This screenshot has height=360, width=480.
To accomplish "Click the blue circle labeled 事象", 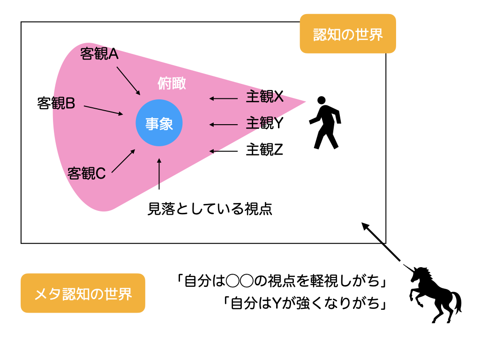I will pyautogui.click(x=158, y=124).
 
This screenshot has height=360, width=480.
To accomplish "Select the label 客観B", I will pyautogui.click(x=56, y=104).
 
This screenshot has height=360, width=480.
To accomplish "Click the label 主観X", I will pyautogui.click(x=265, y=97).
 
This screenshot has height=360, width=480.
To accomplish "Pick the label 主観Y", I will pyautogui.click(x=265, y=123).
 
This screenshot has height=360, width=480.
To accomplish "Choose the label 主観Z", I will pyautogui.click(x=265, y=150).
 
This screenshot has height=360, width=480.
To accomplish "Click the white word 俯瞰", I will pyautogui.click(x=172, y=83).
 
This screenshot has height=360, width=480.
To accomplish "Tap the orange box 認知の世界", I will pyautogui.click(x=348, y=34).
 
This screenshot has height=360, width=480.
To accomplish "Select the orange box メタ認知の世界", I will pyautogui.click(x=83, y=293).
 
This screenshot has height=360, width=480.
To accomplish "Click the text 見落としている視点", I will pyautogui.click(x=210, y=209).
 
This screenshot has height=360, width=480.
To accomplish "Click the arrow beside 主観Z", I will pyautogui.click(x=224, y=151).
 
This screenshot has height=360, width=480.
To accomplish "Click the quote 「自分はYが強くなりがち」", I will pyautogui.click(x=305, y=303).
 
